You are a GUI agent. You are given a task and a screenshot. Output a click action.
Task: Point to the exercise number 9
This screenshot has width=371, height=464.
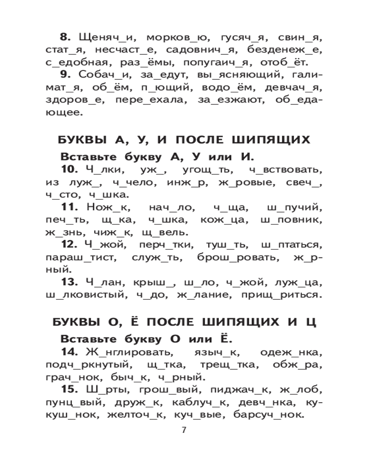coord(65,75)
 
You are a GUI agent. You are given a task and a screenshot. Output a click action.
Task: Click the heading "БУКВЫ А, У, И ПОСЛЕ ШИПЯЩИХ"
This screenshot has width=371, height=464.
coord(184,141)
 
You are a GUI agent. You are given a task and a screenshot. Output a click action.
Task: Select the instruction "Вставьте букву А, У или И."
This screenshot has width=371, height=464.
coord(158,156)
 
